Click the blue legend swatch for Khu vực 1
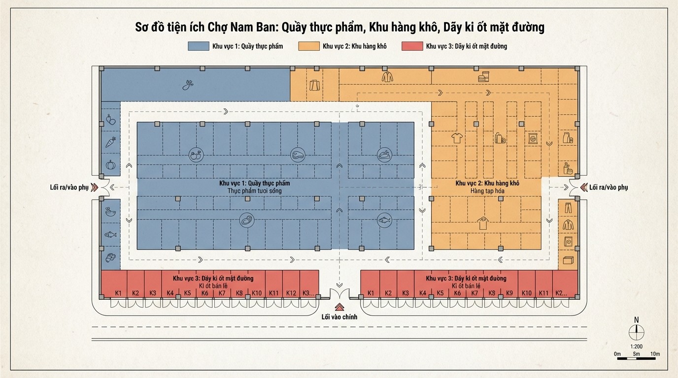[x=198, y=46]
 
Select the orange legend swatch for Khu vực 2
[x=309, y=46]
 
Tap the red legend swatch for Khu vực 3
[x=412, y=46]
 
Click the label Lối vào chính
[x=339, y=317]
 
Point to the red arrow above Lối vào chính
[x=339, y=307]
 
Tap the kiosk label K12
[x=291, y=293]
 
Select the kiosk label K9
[x=509, y=293]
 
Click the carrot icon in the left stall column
[x=110, y=142]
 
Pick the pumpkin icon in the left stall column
[x=110, y=165]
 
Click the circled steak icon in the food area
[x=298, y=155]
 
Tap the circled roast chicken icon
[x=385, y=155]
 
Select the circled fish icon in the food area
[x=385, y=220]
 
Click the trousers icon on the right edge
[x=568, y=208]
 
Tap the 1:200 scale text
[x=636, y=346]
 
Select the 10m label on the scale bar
[x=655, y=354]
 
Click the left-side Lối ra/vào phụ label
[x=69, y=188]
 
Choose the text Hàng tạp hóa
[x=487, y=191]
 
